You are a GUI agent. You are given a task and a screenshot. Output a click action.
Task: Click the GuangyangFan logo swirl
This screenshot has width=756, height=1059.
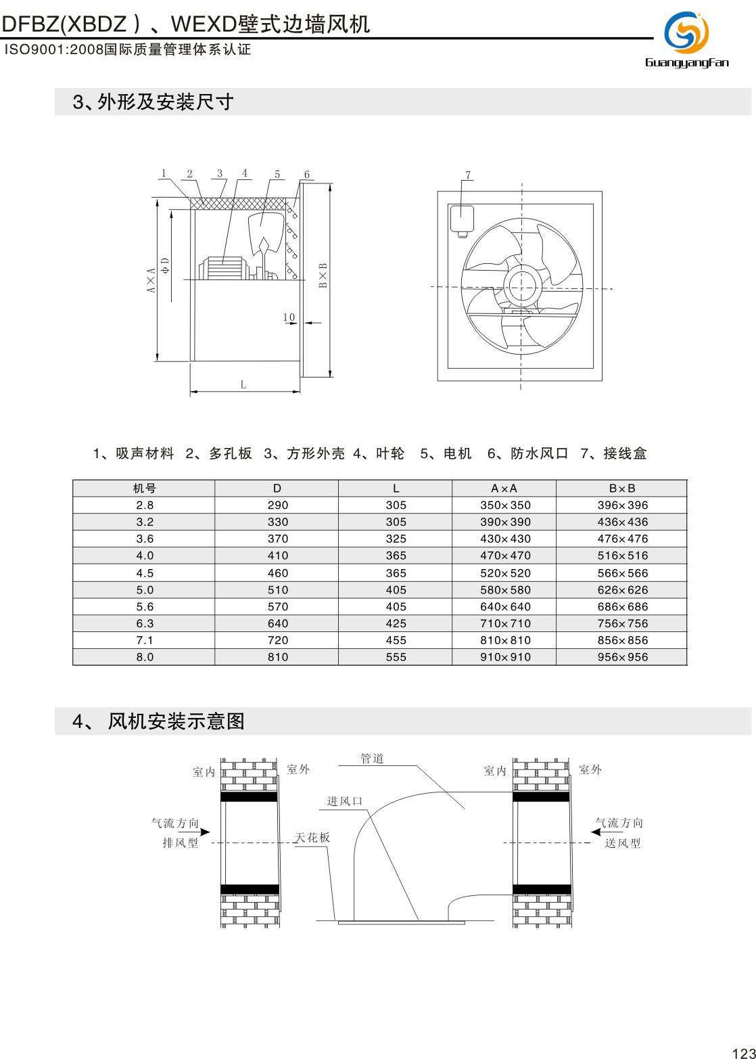pos(686,32)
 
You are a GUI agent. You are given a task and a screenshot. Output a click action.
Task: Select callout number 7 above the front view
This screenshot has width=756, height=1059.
pos(468,175)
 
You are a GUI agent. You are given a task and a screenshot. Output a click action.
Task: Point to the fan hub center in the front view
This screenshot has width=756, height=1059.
pos(521,287)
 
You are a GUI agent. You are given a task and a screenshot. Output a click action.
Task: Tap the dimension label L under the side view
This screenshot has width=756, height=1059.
pos(243,385)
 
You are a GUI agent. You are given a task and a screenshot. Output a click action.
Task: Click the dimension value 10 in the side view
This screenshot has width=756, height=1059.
pos(289,317)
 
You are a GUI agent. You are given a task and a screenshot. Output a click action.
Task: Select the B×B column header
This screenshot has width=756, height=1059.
pos(621,489)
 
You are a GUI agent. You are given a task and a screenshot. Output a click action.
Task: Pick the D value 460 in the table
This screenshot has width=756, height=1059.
pos(277,572)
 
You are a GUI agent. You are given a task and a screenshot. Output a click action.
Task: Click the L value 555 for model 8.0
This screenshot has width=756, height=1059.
pos(396,657)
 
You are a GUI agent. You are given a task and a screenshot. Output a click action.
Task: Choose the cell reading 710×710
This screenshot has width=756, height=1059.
pos(505,623)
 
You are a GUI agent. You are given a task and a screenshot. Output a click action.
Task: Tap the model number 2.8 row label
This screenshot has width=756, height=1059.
pos(144,505)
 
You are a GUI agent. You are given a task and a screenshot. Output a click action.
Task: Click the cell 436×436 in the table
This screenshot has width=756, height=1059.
pos(622,522)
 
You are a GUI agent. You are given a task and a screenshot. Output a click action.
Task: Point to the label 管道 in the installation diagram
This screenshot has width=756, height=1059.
pos(372,759)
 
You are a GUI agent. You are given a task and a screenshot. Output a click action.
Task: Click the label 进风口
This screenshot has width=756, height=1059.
pos(345,801)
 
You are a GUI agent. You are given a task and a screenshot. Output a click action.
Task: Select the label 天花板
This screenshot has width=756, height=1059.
pos(312,838)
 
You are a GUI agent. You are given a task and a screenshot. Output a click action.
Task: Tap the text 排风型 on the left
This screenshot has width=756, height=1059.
pos(181,843)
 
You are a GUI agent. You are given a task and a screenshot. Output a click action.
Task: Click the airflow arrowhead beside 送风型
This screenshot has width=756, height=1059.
pos(596,832)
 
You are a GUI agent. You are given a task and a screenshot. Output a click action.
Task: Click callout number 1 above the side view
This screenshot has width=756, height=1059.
pos(164,173)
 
